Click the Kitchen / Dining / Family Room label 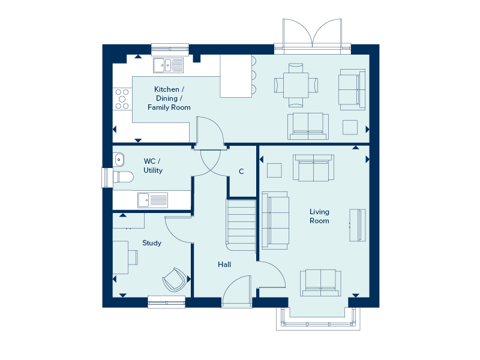169,98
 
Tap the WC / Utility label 152,166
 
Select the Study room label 152,243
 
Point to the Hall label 224,264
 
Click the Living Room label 319,216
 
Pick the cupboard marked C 241,172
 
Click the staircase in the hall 241,225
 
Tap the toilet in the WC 122,177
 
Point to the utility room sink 152,199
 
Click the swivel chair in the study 174,278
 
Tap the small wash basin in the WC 118,160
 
